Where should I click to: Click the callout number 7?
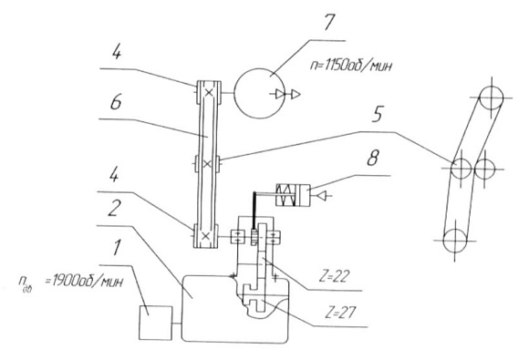329,22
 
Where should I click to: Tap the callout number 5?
378,114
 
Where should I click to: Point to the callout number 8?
373,158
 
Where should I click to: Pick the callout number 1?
116,248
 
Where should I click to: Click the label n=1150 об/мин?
351,66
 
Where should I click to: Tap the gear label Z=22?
334,277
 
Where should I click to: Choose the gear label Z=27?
340,314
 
